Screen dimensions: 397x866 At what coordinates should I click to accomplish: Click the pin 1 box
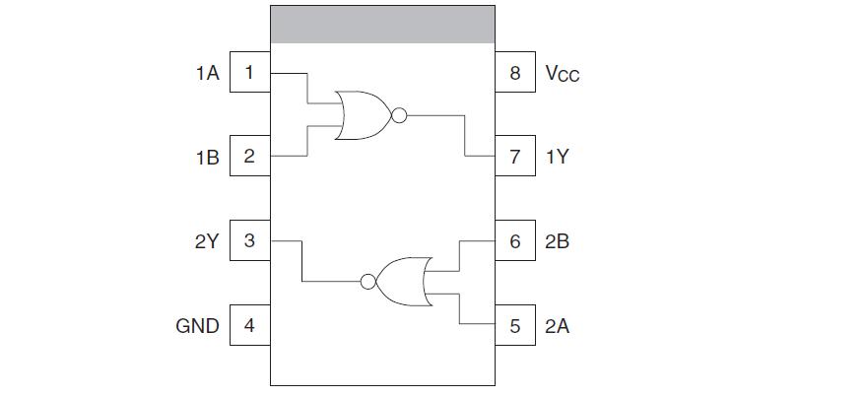pos(249,72)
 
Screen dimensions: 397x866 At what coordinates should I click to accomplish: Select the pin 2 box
pos(249,157)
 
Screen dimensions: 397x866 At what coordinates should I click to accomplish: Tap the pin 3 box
pos(249,240)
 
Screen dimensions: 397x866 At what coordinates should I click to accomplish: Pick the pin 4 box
pos(249,325)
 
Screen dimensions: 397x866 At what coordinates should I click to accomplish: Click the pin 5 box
pos(515,325)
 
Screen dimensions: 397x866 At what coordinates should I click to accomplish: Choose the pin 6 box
pos(515,240)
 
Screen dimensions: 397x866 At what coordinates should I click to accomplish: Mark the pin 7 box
pos(515,157)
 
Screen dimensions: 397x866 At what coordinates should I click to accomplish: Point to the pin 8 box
pos(515,72)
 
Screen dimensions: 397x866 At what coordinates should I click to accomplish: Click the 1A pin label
pos(207,72)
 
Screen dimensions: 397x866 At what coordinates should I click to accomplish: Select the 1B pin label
pos(207,157)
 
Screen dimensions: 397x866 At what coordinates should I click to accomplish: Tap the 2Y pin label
pos(206,240)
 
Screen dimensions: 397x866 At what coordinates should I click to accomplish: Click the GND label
pos(197,325)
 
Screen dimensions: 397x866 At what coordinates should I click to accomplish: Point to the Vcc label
pos(562,74)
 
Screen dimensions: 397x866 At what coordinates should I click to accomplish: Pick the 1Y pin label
pos(557,157)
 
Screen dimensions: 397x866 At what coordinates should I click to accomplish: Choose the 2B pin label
pos(557,240)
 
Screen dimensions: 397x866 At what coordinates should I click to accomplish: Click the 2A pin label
pos(557,325)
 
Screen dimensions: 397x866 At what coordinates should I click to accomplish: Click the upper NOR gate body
pos(362,115)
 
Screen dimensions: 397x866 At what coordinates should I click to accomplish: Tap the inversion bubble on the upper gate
pos(398,115)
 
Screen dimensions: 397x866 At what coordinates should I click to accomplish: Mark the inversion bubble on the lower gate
pos(368,282)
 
